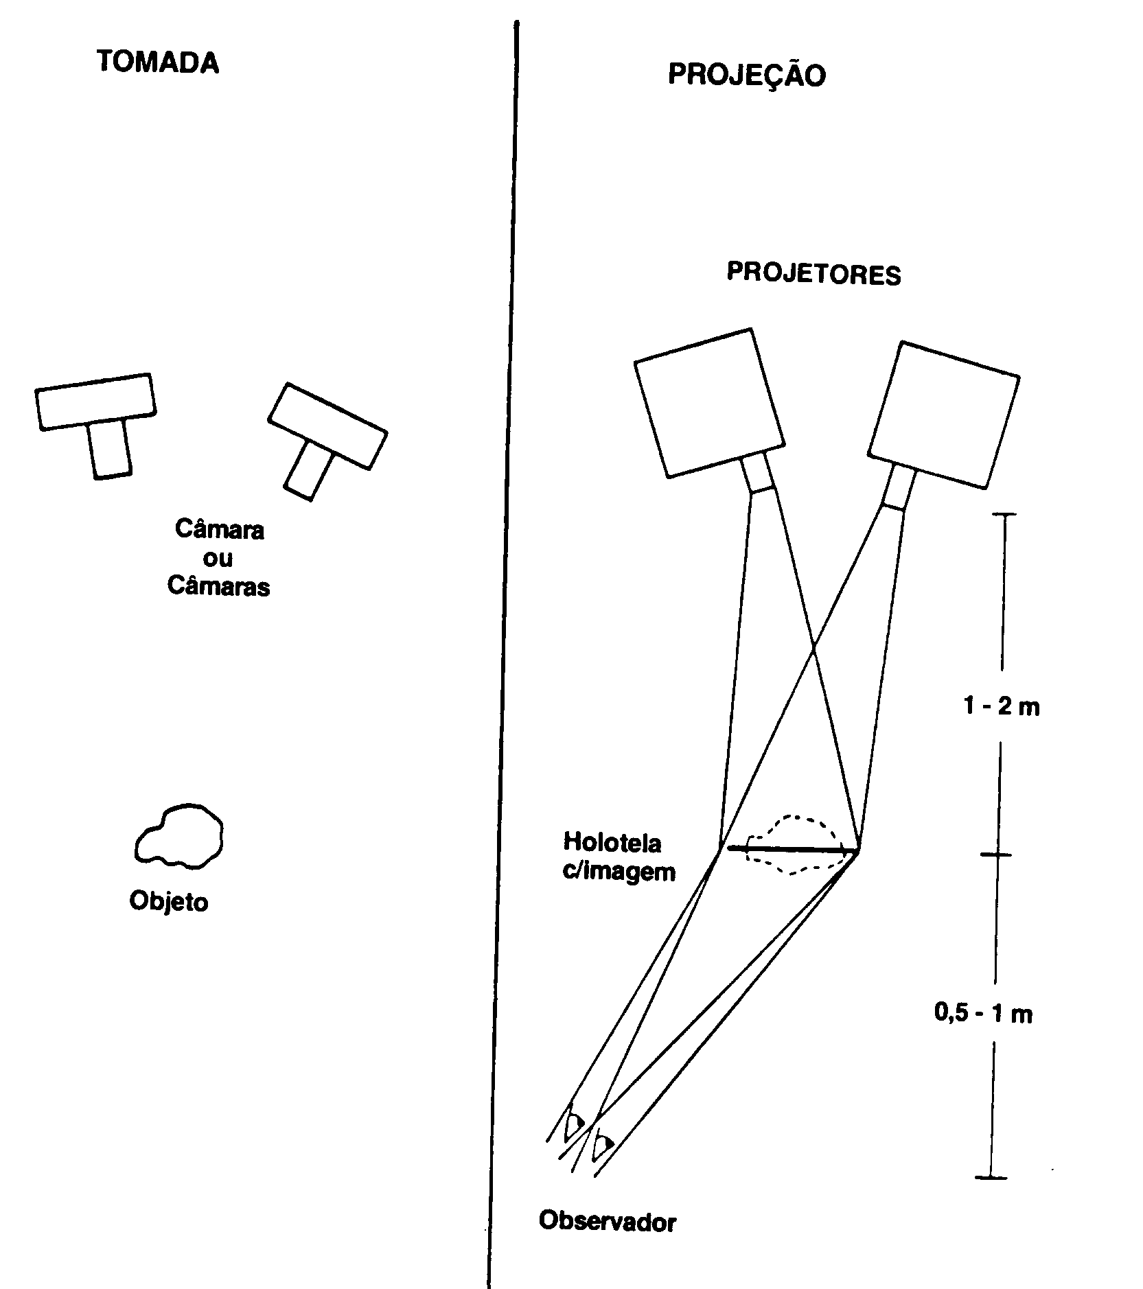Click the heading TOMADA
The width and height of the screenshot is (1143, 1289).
tap(158, 62)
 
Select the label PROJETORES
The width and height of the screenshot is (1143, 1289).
tap(814, 273)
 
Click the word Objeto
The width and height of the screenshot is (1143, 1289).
tap(169, 901)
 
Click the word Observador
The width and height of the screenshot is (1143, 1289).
tap(608, 1221)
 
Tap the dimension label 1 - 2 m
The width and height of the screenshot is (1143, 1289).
tap(1002, 706)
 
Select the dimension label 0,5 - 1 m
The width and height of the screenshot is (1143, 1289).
tap(984, 1013)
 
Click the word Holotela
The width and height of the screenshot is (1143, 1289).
tap(612, 841)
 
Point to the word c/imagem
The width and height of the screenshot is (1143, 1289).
tap(619, 871)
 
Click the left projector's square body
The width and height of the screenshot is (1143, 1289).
tap(709, 402)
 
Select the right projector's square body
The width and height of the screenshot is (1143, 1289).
tap(944, 415)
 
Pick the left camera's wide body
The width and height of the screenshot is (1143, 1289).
tap(95, 402)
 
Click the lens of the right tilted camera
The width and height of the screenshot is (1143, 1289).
tap(308, 470)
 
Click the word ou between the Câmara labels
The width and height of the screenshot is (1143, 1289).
tap(218, 558)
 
